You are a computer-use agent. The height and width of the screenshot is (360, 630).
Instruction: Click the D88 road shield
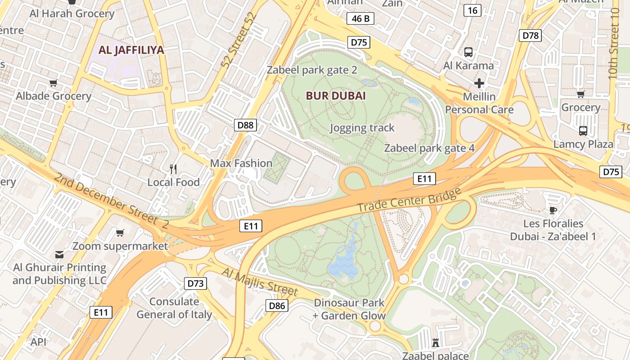pyautogui.click(x=245, y=125)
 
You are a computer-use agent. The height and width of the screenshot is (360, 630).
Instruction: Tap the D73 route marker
pyautogui.click(x=196, y=283)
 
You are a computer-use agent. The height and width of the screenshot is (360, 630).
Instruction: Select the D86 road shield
pyautogui.click(x=277, y=306)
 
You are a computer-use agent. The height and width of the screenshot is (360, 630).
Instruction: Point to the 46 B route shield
pyautogui.click(x=360, y=18)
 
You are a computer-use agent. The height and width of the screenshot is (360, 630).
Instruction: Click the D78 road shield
pyautogui.click(x=530, y=36)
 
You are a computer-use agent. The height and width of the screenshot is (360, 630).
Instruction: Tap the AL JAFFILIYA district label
pyautogui.click(x=131, y=50)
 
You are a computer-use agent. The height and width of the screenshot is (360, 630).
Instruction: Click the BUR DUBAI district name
pyautogui.click(x=336, y=96)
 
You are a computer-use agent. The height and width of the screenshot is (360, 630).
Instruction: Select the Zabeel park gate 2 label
pyautogui.click(x=312, y=70)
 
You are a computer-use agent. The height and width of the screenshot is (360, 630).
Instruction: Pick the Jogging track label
pyautogui.click(x=362, y=128)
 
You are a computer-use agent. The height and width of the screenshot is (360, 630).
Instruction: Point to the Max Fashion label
pyautogui.click(x=241, y=163)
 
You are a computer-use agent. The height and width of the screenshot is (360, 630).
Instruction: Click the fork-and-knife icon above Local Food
pyautogui.click(x=173, y=169)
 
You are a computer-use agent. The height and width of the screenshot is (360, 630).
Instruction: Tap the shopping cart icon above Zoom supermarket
pyautogui.click(x=120, y=233)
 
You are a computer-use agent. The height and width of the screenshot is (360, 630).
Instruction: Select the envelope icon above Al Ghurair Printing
pyautogui.click(x=59, y=254)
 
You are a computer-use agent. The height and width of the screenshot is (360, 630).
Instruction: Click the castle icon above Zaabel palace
pyautogui.click(x=435, y=343)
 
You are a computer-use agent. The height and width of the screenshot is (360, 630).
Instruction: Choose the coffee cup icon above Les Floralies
pyautogui.click(x=553, y=210)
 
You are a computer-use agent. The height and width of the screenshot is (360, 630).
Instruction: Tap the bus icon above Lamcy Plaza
pyautogui.click(x=583, y=131)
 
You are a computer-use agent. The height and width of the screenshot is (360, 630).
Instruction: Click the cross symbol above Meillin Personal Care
pyautogui.click(x=479, y=83)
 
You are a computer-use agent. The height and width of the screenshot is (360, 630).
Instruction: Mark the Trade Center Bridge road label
pyautogui.click(x=409, y=201)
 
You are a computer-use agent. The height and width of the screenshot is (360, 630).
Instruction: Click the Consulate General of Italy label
pyautogui.click(x=174, y=308)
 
